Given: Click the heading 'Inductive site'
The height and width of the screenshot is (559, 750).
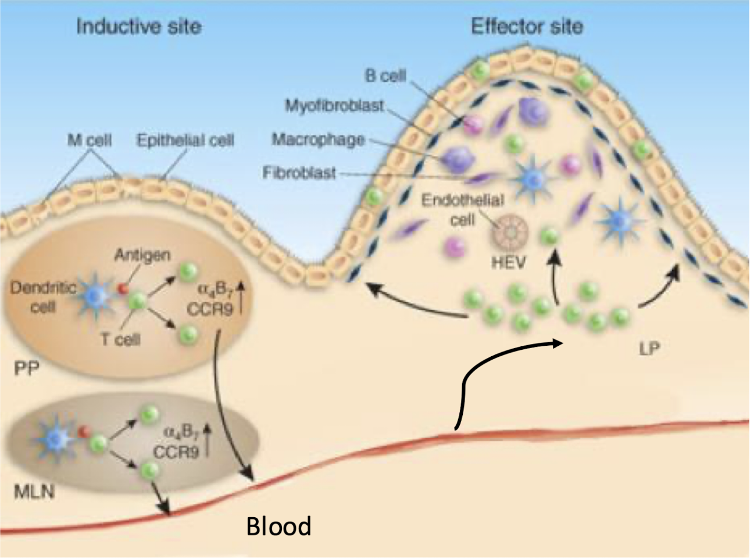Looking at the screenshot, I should [138, 27].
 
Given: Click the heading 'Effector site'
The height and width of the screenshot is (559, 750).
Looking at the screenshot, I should [526, 27].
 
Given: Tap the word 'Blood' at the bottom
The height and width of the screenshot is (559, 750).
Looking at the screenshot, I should [278, 526].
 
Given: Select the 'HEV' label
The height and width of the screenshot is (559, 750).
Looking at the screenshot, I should [508, 263].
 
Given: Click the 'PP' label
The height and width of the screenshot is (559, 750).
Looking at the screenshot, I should [26, 369].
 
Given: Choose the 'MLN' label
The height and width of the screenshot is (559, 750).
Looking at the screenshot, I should [34, 493].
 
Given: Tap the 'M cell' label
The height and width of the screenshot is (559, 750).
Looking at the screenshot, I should [89, 141].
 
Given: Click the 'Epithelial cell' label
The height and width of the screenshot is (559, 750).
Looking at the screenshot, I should [185, 141].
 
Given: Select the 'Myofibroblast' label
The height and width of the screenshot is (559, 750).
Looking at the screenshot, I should [334, 106].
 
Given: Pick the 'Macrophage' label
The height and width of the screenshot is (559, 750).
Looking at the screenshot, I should [319, 139].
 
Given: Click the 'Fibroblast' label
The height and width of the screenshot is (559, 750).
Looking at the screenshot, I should [299, 173].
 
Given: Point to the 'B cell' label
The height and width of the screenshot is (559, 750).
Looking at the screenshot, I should [385, 76].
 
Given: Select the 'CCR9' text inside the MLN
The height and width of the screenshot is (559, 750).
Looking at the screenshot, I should [176, 451].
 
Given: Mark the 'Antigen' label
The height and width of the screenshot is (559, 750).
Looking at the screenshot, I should [142, 255].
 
